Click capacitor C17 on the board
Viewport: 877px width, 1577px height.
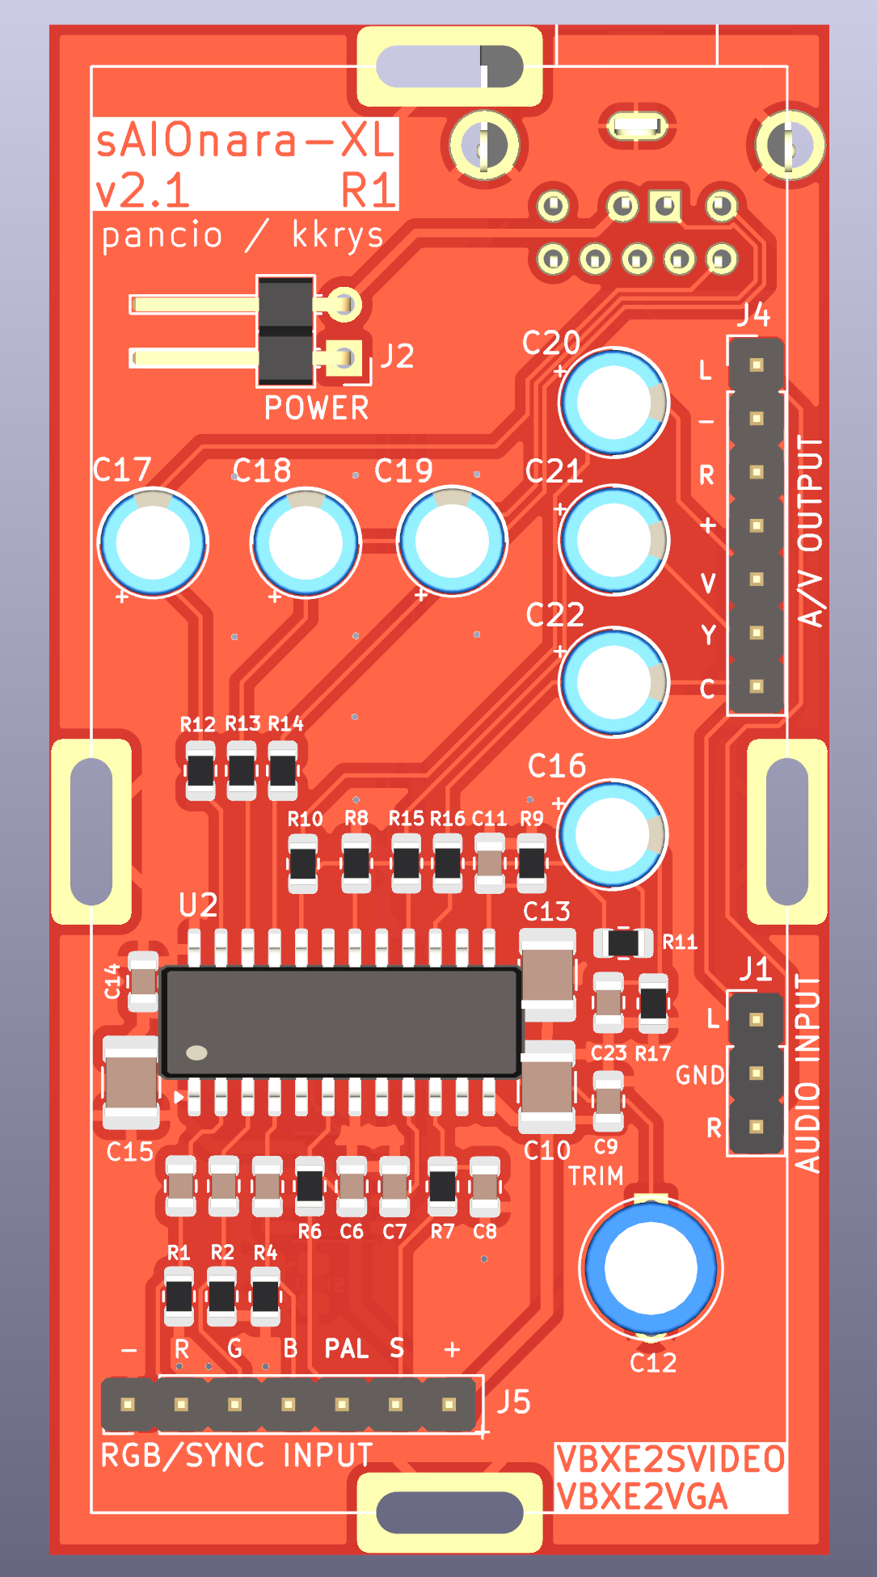[152, 542]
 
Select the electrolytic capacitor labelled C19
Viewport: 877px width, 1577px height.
[452, 542]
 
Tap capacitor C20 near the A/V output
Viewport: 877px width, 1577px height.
[614, 402]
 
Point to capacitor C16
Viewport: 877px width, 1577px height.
[613, 833]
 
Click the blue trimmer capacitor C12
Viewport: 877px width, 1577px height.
[651, 1267]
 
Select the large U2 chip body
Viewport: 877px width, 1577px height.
[340, 1022]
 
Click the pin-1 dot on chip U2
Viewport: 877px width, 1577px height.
[196, 1052]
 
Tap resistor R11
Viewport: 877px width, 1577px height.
[623, 942]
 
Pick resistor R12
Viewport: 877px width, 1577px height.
[200, 771]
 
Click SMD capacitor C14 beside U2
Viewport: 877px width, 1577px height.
[143, 981]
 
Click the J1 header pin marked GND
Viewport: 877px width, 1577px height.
[757, 1073]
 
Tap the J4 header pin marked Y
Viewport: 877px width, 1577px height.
[757, 633]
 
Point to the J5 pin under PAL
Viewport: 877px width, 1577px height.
[342, 1404]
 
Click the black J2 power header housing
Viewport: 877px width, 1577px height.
[285, 331]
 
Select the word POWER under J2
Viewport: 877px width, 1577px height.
[316, 408]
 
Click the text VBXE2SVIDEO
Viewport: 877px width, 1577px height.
[670, 1459]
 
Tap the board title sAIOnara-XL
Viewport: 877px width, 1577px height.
[245, 141]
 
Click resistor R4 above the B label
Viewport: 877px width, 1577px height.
[265, 1296]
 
